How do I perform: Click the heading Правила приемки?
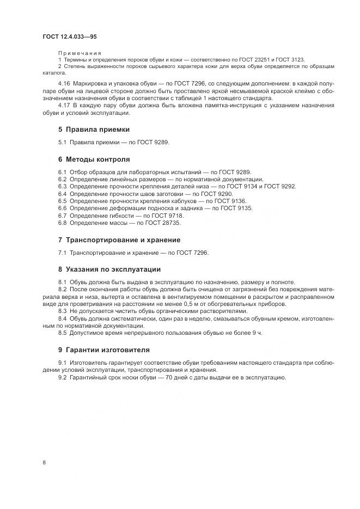click(97, 130)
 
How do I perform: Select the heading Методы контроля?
click(97, 160)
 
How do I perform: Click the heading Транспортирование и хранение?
click(123, 240)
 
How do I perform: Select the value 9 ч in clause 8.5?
click(256, 333)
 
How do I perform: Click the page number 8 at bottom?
click(44, 463)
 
